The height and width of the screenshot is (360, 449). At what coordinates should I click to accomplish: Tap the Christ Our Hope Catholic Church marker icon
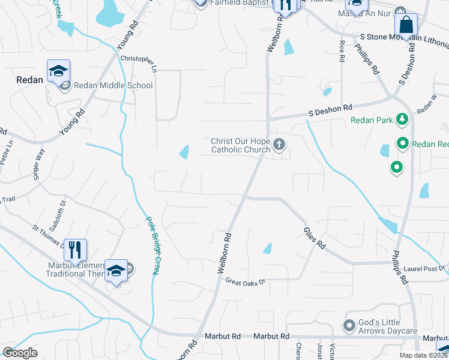tap(279, 144)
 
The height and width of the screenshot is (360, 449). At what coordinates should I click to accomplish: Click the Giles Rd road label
tap(314, 237)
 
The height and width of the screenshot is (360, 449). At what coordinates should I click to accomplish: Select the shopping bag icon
tap(406, 25)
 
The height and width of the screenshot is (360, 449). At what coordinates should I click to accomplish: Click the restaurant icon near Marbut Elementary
tap(75, 248)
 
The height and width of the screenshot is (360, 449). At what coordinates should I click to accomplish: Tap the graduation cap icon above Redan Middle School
tap(58, 71)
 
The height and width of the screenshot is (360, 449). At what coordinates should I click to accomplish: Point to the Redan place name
tap(30, 80)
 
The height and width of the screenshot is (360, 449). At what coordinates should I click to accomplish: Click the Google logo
tap(20, 353)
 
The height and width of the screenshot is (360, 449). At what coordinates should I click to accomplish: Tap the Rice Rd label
tap(342, 51)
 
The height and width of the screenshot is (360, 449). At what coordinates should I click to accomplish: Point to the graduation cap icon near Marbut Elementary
tap(116, 269)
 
